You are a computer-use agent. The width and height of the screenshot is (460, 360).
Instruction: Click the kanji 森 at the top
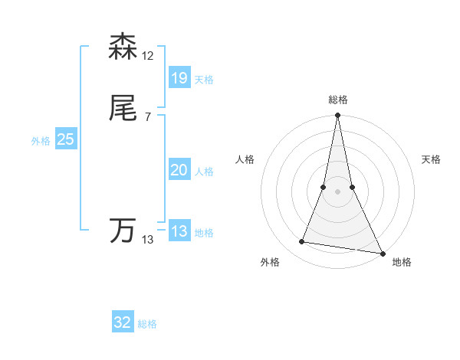[123, 47]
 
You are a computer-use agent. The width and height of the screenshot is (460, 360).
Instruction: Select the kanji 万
[123, 231]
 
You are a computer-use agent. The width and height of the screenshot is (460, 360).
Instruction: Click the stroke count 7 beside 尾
[148, 116]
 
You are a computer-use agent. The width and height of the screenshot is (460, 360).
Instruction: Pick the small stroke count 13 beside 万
[148, 240]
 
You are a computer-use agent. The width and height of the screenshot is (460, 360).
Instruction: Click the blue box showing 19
[179, 77]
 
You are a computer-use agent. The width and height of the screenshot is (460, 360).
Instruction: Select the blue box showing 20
[179, 171]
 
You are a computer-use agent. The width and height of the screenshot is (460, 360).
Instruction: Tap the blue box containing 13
[179, 231]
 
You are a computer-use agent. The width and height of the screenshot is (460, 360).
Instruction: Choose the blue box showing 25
[65, 139]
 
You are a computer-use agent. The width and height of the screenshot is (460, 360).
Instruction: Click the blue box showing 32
[123, 322]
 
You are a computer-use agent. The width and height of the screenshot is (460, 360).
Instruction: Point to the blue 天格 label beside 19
[204, 80]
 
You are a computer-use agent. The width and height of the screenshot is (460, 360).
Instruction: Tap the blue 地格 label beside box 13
[204, 233]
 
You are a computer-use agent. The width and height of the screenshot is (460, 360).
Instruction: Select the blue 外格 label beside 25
[41, 141]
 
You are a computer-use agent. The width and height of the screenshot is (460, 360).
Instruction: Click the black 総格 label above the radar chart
[338, 100]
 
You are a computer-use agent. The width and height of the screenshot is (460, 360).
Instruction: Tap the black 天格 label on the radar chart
[432, 159]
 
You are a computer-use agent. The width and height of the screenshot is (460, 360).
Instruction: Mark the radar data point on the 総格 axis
[337, 116]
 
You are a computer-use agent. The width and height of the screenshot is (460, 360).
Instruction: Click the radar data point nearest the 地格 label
[382, 253]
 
